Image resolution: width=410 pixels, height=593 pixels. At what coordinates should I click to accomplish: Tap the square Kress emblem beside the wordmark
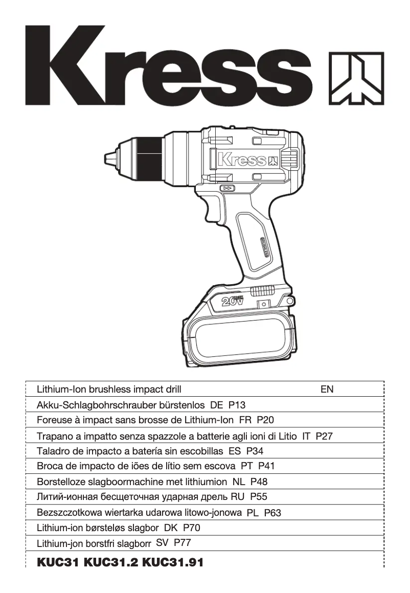click(x=355, y=77)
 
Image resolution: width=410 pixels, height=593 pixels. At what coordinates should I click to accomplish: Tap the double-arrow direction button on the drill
click(x=229, y=189)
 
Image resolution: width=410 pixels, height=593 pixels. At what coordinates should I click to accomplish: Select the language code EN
click(x=327, y=390)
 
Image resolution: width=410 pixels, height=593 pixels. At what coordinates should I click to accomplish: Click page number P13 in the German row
click(x=237, y=405)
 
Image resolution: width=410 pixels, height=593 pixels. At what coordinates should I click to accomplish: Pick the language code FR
click(x=245, y=421)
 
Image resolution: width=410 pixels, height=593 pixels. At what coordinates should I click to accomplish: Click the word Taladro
click(x=53, y=451)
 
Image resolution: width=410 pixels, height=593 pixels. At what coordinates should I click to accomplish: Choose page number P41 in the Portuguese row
click(x=267, y=466)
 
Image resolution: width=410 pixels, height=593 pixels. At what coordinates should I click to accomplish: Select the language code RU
click(x=238, y=496)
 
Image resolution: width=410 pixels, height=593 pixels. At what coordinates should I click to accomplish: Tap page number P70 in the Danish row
click(x=192, y=528)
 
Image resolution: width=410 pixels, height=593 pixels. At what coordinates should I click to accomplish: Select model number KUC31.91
click(x=173, y=563)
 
